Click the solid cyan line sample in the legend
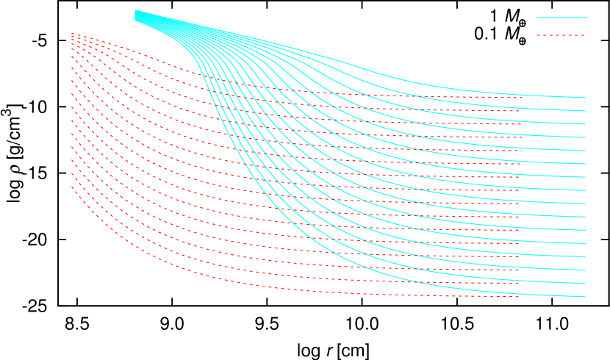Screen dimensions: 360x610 click(x=561, y=17)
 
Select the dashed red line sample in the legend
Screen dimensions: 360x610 click(x=561, y=35)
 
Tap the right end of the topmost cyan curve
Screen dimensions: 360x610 click(x=586, y=98)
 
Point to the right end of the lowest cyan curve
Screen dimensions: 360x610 click(x=586, y=297)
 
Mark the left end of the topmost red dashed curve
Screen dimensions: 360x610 click(x=71, y=32)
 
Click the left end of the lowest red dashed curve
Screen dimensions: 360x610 click(x=71, y=187)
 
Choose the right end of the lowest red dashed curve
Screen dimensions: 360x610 click(x=520, y=297)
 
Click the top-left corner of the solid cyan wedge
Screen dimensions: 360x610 click(x=134, y=10)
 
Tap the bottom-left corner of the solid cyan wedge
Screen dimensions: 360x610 click(x=134, y=21)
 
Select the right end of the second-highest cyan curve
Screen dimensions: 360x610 click(x=586, y=111)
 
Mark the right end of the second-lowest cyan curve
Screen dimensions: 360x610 click(x=586, y=284)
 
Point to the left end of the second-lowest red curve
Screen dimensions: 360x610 click(x=71, y=175)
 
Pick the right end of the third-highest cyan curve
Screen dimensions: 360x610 click(x=586, y=124)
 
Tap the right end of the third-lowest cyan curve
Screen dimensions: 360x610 click(x=586, y=270)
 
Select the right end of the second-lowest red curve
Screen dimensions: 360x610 click(x=520, y=283)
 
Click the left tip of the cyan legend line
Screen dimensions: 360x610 click(x=537, y=17)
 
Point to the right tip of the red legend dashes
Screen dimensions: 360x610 click(x=586, y=35)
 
